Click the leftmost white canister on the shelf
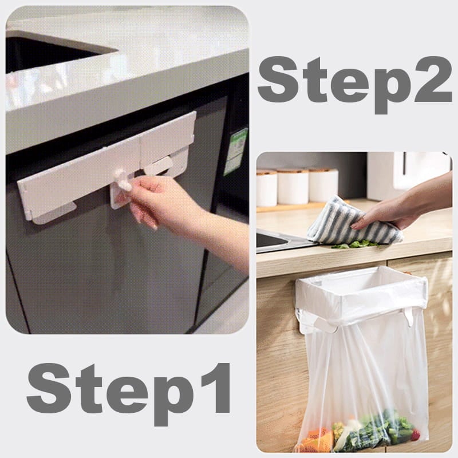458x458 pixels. (x=267, y=187)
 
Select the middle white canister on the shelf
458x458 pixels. (x=293, y=185)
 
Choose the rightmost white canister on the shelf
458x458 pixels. (x=323, y=184)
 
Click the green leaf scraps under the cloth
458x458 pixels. (x=355, y=244)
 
